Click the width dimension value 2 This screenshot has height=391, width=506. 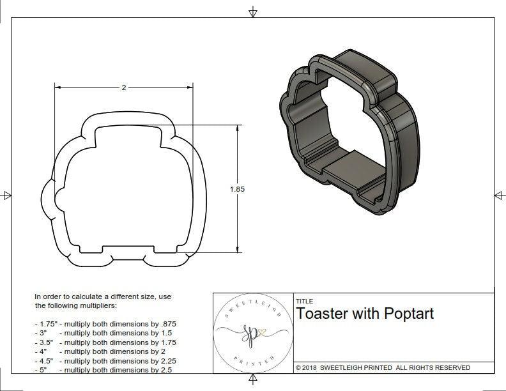pyautogui.click(x=123, y=88)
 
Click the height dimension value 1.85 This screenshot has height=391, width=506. pyautogui.click(x=237, y=189)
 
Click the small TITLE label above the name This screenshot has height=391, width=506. pyautogui.click(x=303, y=302)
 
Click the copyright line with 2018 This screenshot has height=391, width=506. pyautogui.click(x=382, y=367)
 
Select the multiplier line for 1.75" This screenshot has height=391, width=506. pyautogui.click(x=105, y=324)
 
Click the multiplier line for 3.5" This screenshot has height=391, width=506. pyautogui.click(x=105, y=342)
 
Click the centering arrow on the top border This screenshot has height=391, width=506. pyautogui.click(x=253, y=11)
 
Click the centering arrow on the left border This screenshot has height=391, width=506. pyautogui.click(x=6, y=195)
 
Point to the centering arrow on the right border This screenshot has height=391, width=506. pyautogui.click(x=499, y=195)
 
